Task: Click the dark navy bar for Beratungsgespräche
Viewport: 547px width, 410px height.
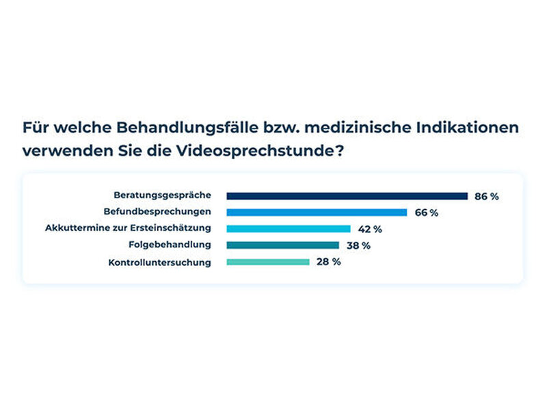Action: click(x=347, y=196)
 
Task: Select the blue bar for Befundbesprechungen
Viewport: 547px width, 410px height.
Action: click(x=317, y=213)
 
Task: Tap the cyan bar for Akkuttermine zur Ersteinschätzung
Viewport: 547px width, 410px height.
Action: click(x=289, y=229)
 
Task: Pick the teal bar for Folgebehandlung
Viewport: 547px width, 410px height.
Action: click(x=283, y=245)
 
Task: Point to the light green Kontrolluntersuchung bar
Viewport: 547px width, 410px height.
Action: click(x=268, y=262)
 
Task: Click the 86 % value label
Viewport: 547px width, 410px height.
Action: click(x=487, y=197)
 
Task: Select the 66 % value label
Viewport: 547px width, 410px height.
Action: click(x=427, y=213)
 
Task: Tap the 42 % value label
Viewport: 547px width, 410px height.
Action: click(x=370, y=229)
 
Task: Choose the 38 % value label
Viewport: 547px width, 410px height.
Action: click(x=358, y=245)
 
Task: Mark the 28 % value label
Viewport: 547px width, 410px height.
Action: click(x=329, y=262)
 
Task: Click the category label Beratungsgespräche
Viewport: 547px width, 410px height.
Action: click(x=163, y=195)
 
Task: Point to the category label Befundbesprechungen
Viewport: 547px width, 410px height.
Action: click(x=157, y=212)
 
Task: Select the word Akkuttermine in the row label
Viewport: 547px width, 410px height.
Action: click(x=77, y=228)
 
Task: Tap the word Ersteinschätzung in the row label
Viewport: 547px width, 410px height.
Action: click(x=170, y=228)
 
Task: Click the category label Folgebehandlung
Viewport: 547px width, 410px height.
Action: click(x=170, y=245)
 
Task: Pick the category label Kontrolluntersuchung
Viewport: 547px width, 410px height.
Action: click(x=160, y=262)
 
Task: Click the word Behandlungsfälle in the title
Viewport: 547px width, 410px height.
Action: click(x=187, y=128)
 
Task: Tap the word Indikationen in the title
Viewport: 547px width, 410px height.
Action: click(x=468, y=127)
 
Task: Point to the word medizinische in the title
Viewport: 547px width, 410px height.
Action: click(x=358, y=127)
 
